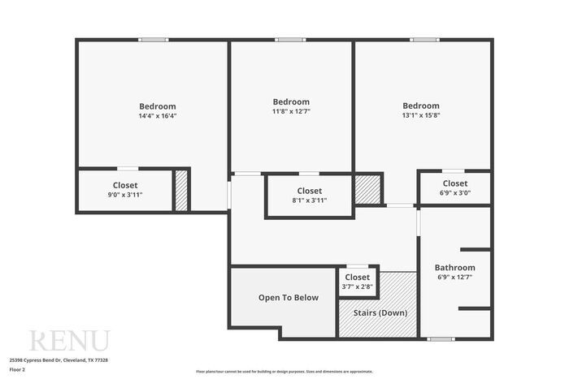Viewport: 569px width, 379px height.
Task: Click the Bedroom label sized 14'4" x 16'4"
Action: click(x=157, y=111)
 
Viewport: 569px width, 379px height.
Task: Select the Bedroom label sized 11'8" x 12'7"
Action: click(x=291, y=106)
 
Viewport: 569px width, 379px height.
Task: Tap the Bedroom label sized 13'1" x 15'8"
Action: click(x=421, y=110)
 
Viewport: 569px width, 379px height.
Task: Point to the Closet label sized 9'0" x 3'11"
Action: click(x=125, y=190)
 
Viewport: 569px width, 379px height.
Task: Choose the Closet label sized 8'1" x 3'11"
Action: click(x=309, y=196)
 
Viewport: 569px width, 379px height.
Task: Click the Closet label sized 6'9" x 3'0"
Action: click(x=454, y=188)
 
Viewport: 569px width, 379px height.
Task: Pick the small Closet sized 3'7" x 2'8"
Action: click(x=357, y=282)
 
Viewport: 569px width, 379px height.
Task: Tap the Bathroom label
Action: click(x=454, y=272)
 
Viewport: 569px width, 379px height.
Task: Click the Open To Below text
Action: click(x=289, y=298)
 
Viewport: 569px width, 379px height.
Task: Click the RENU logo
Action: click(x=69, y=341)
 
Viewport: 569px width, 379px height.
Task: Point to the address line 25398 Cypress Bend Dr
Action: click(x=59, y=360)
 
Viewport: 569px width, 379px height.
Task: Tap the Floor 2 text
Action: click(x=18, y=369)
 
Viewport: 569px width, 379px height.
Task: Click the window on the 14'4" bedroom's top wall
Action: click(x=153, y=40)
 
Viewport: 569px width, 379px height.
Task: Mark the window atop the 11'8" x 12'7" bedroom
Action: click(x=290, y=40)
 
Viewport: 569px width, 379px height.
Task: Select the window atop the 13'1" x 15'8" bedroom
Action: click(x=423, y=40)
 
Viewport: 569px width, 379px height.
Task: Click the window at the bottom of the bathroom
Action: click(x=441, y=338)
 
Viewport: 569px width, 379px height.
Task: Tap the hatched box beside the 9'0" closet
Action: click(x=181, y=191)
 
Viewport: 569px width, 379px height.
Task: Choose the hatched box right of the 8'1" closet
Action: click(x=367, y=188)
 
